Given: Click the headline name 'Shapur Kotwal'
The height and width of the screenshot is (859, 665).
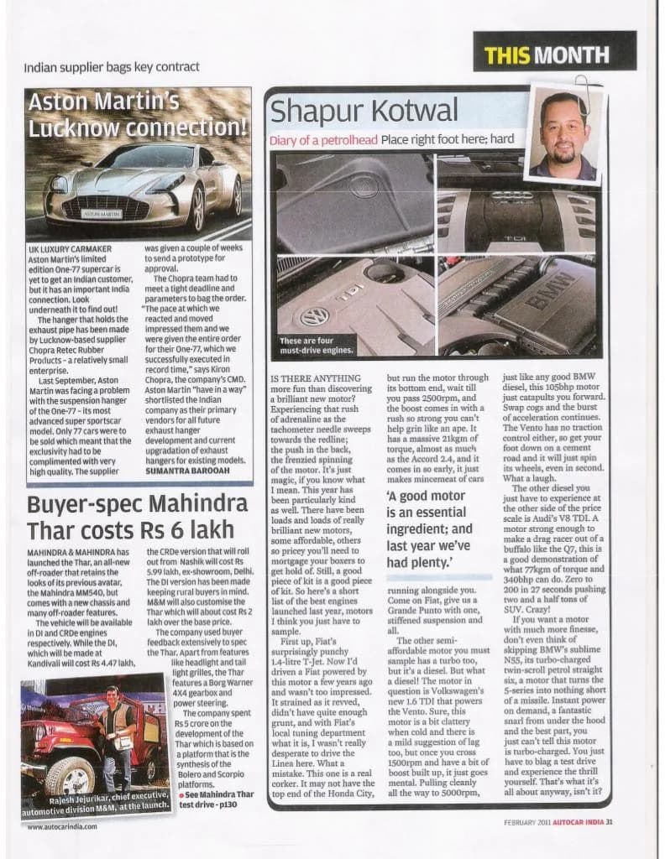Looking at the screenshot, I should pos(364,111).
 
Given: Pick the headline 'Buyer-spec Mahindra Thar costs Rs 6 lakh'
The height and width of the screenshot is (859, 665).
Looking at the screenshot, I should pos(125,518).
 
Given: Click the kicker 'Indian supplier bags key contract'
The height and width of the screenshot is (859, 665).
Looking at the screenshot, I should pos(111,66).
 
